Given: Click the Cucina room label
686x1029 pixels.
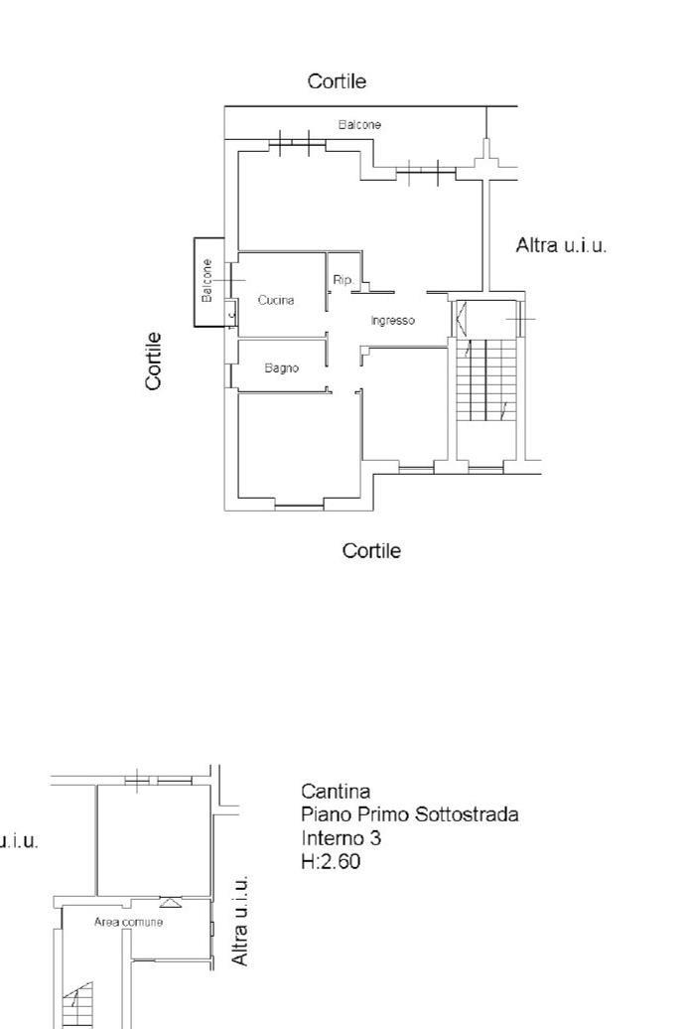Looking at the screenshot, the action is pyautogui.click(x=275, y=300).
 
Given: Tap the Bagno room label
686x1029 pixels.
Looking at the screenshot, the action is pyautogui.click(x=281, y=368).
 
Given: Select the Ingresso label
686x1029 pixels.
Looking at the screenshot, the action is pyautogui.click(x=392, y=321).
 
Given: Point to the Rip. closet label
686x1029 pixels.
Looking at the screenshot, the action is pyautogui.click(x=343, y=280).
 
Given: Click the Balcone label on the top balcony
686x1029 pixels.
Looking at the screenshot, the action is pyautogui.click(x=359, y=124).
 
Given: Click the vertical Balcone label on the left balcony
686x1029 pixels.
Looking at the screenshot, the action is pyautogui.click(x=207, y=280).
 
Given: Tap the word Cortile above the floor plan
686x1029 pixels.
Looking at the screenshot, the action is pyautogui.click(x=337, y=81).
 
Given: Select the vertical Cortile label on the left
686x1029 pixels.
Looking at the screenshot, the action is pyautogui.click(x=153, y=361).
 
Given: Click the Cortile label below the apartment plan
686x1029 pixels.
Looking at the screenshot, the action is pyautogui.click(x=371, y=550).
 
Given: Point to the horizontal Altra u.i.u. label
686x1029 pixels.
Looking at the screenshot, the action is pyautogui.click(x=561, y=245).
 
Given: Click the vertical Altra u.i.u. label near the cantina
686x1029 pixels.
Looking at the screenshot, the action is pyautogui.click(x=240, y=920).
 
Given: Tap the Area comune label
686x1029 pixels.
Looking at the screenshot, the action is pyautogui.click(x=128, y=922).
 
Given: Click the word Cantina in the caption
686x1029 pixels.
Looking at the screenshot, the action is pyautogui.click(x=336, y=791).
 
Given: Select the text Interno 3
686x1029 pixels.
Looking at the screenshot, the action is pyautogui.click(x=342, y=838).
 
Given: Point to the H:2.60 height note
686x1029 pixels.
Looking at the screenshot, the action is pyautogui.click(x=331, y=861).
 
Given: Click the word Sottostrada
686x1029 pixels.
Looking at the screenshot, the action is pyautogui.click(x=467, y=814).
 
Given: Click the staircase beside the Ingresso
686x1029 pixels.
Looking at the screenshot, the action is pyautogui.click(x=486, y=379).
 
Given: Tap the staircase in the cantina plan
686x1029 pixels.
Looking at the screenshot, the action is pyautogui.click(x=77, y=1005).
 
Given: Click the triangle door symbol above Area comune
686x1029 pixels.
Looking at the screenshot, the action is pyautogui.click(x=171, y=902).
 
